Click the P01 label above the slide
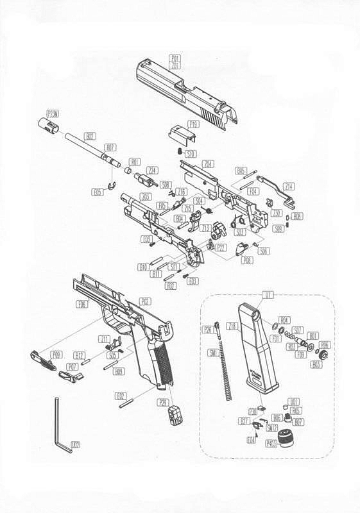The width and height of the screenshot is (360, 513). (175, 58)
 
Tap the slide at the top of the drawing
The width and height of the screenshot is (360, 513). (186, 96)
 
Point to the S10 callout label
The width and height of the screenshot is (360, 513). (190, 154)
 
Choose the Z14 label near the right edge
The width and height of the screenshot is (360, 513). (289, 186)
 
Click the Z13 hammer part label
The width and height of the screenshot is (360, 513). (206, 228)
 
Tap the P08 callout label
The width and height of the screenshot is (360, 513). (246, 260)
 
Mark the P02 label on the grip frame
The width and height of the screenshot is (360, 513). (146, 301)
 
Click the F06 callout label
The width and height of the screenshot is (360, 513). (82, 305)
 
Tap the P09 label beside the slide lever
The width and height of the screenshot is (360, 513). (57, 354)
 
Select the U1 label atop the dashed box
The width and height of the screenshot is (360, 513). (267, 296)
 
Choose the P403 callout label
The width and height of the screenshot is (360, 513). (270, 453)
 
